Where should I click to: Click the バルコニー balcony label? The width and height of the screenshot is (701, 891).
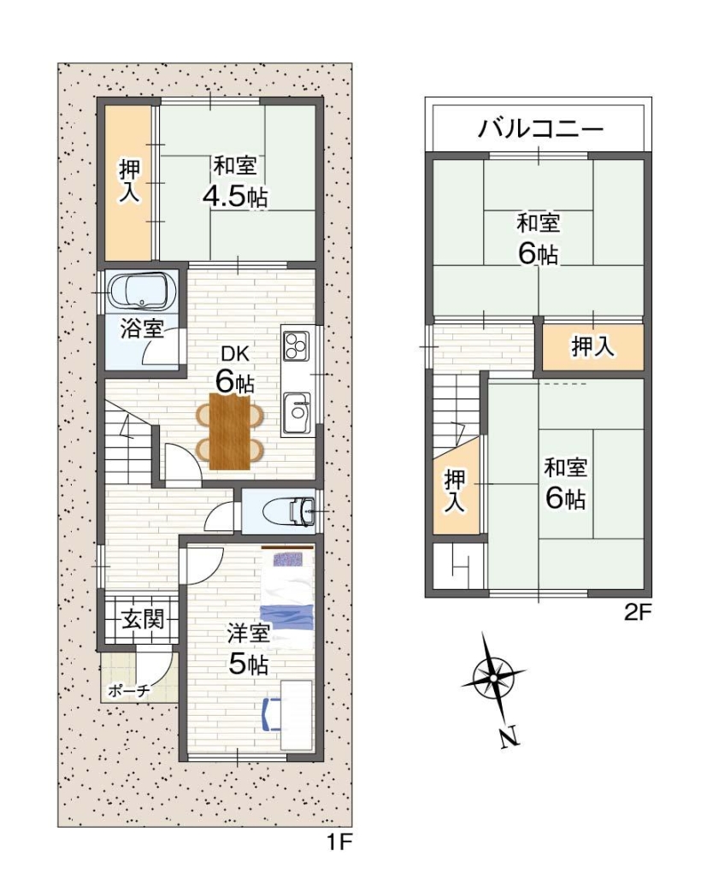click(x=540, y=130)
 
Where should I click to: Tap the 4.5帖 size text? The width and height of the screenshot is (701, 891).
click(x=234, y=196)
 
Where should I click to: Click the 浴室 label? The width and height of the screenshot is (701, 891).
click(x=141, y=328)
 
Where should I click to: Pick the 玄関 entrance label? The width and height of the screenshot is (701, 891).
click(x=141, y=618)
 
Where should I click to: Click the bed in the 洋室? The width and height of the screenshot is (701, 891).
click(x=287, y=599)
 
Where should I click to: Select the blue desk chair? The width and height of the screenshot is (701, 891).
click(x=269, y=714)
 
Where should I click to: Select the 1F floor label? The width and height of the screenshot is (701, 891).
click(x=339, y=843)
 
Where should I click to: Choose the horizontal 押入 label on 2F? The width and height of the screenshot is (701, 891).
click(x=592, y=347)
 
